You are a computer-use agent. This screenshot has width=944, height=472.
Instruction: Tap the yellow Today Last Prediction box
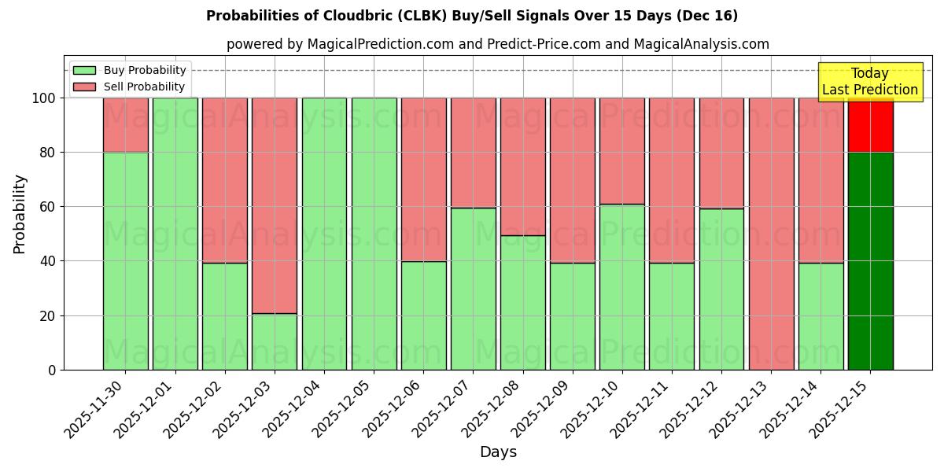pyautogui.click(x=870, y=83)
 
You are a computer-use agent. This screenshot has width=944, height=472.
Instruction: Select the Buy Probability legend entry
pyautogui.click(x=145, y=70)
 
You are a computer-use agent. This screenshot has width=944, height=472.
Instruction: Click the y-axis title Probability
pyautogui.click(x=20, y=213)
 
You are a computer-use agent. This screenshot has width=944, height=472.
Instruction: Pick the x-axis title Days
pyautogui.click(x=498, y=452)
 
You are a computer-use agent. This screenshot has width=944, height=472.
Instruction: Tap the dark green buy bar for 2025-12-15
pyautogui.click(x=870, y=260)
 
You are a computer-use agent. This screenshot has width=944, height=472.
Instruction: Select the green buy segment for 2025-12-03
pyautogui.click(x=275, y=341)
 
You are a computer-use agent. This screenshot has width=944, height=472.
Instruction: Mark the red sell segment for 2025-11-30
pyautogui.click(x=126, y=124)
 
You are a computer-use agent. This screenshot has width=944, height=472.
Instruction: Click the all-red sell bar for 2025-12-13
pyautogui.click(x=771, y=234)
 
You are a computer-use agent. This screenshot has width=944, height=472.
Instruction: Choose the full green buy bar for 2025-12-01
pyautogui.click(x=175, y=234)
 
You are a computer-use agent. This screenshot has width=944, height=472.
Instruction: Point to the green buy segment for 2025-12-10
pyautogui.click(x=621, y=287)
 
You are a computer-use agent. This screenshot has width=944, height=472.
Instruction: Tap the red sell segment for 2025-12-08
pyautogui.click(x=522, y=166)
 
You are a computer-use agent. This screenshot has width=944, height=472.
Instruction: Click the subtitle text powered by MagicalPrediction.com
pyautogui.click(x=497, y=44)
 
